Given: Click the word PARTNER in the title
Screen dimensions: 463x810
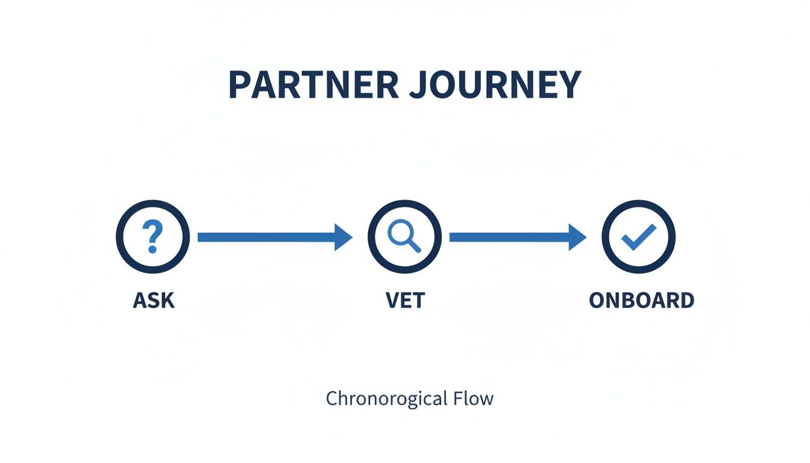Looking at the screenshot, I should click(x=313, y=85).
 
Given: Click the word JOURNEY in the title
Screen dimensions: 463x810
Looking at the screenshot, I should click(x=494, y=85).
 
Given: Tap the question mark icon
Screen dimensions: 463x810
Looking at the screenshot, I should click(x=152, y=237).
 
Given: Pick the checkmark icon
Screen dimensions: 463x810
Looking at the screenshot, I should click(x=639, y=237).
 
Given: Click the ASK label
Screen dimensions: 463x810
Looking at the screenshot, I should click(x=154, y=300).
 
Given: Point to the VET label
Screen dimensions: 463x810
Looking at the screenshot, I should click(x=404, y=300).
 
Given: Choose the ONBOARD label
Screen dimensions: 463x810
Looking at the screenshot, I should click(x=641, y=300).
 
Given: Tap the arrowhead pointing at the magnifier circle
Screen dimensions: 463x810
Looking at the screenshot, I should click(x=343, y=238).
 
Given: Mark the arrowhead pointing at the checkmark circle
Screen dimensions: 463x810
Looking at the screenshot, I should click(x=577, y=238).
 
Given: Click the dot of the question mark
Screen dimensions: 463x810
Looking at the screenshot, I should click(x=152, y=249).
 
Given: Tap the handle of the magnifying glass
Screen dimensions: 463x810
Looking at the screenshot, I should click(x=413, y=245).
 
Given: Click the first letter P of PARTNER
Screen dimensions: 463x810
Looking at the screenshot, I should click(x=240, y=85).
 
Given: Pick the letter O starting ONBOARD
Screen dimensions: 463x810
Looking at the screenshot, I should click(x=597, y=300).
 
